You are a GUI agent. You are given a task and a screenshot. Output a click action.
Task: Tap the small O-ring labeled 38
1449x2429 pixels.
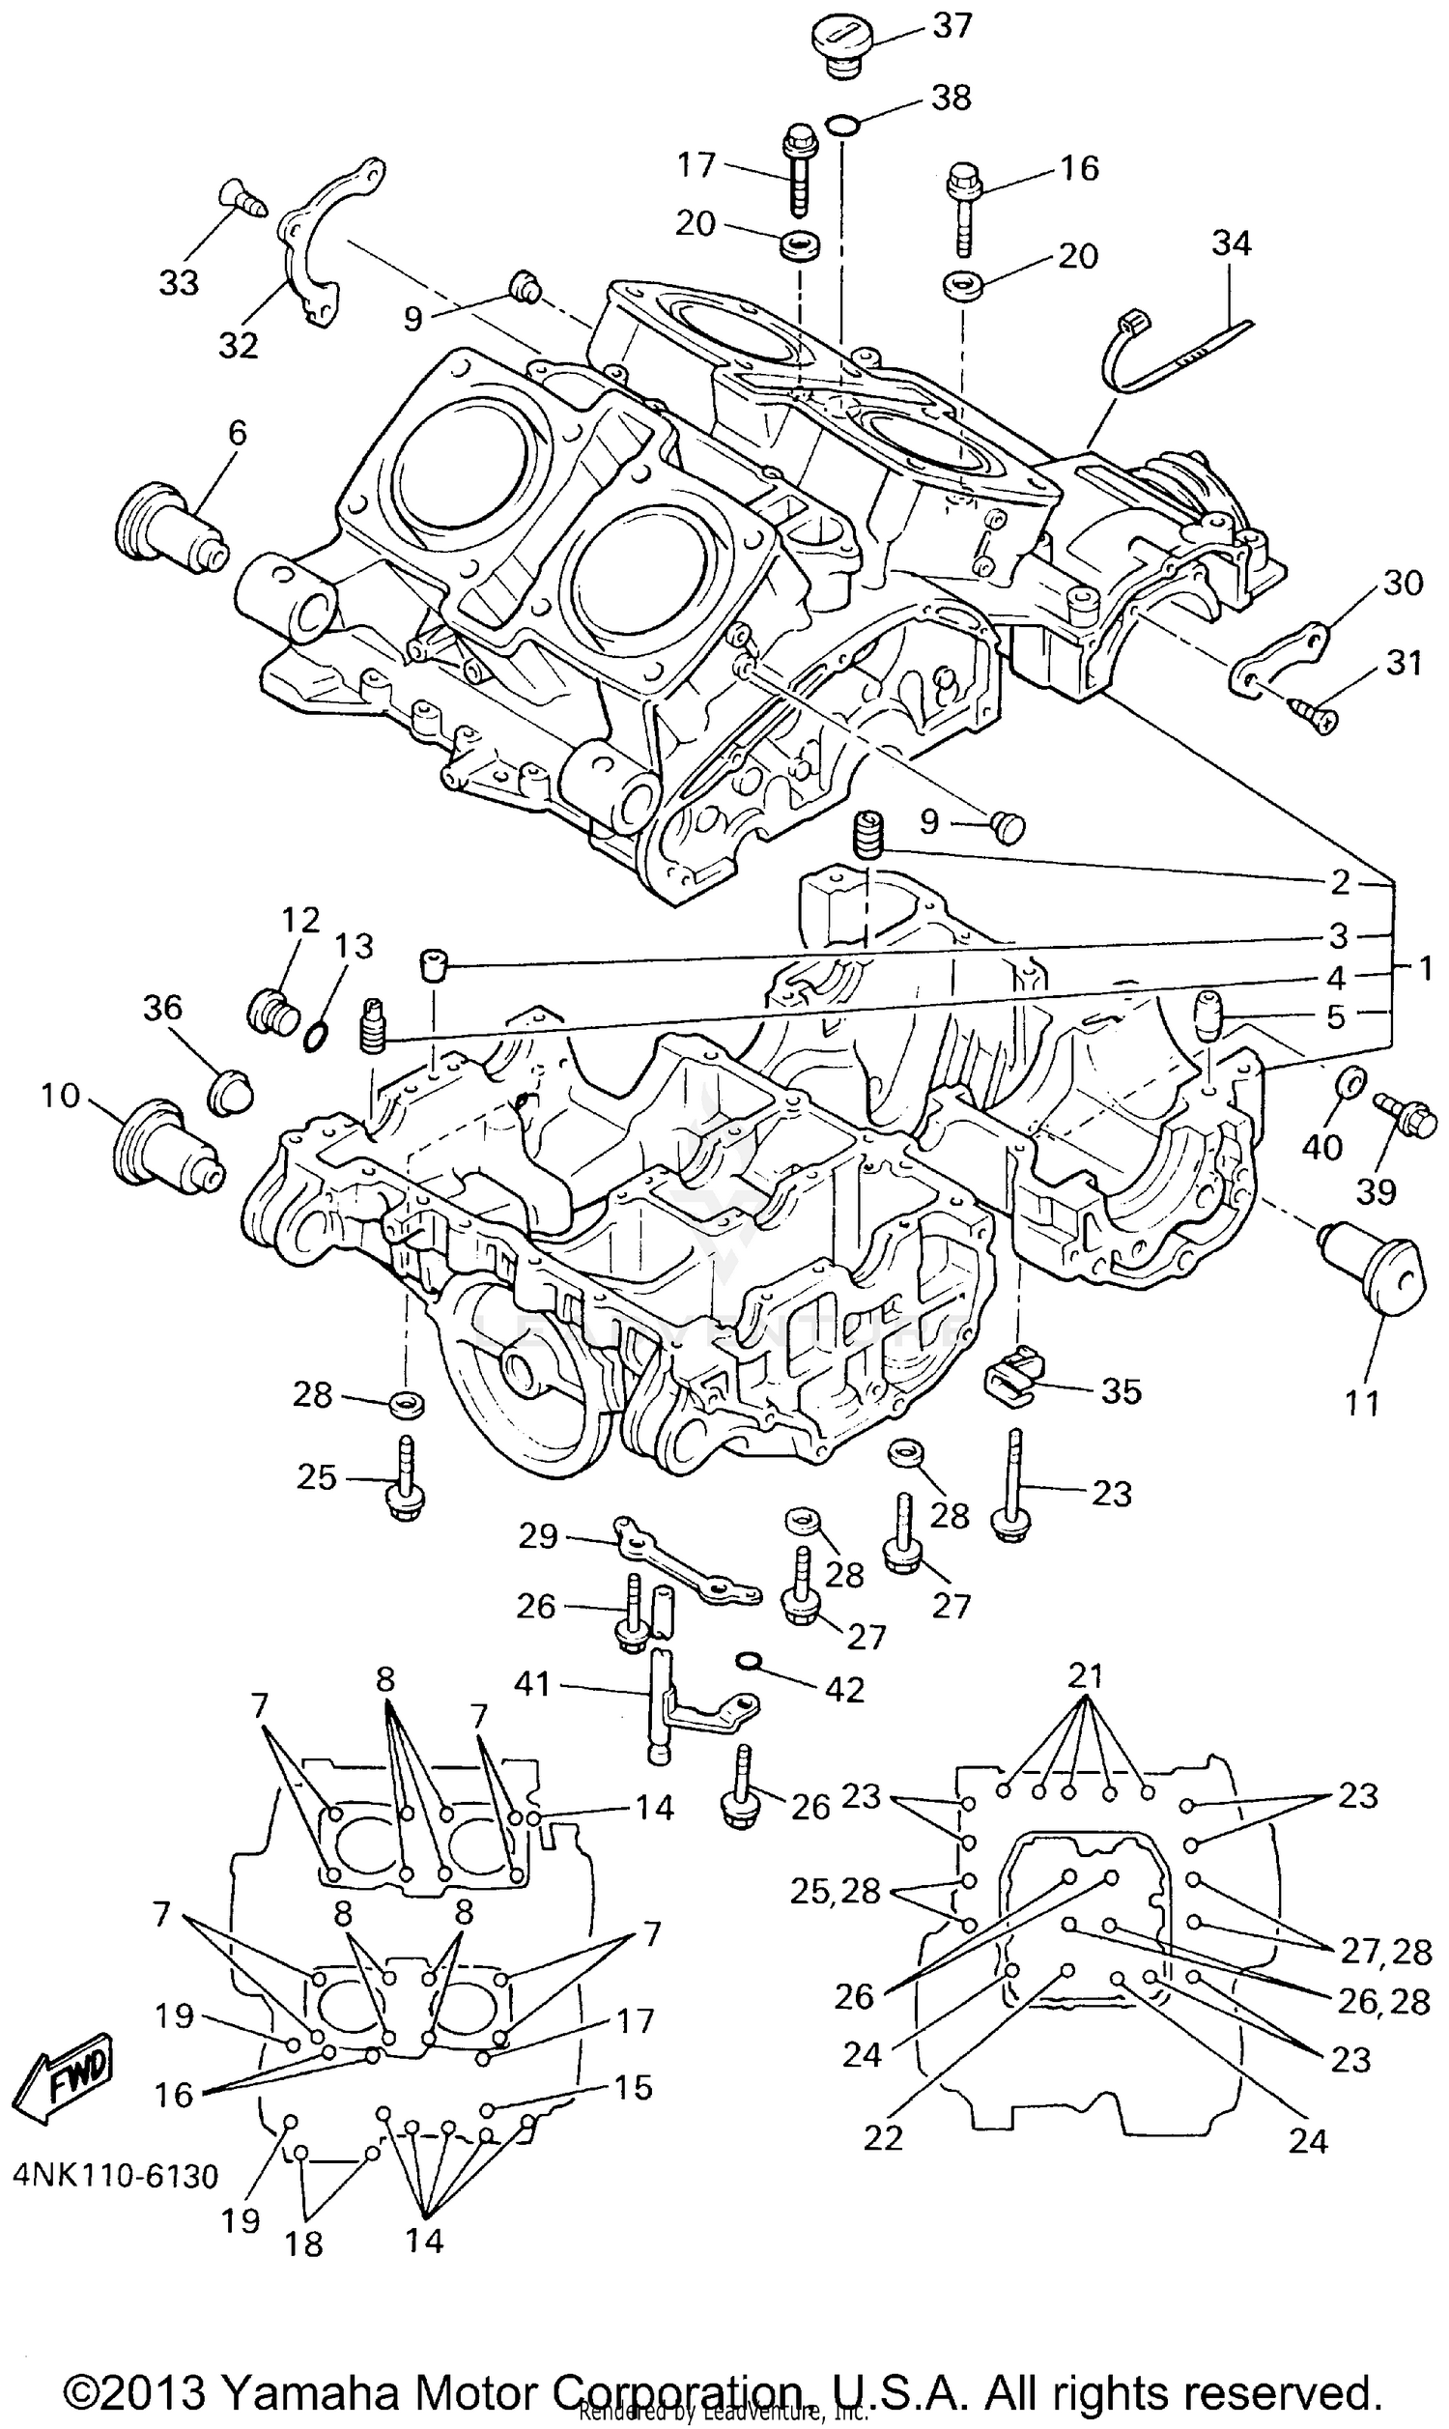point(842,124)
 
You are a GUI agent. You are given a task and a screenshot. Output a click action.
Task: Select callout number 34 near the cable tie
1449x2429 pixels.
point(1232,243)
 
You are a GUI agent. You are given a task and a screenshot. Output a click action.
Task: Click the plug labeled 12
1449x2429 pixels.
point(271,1013)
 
